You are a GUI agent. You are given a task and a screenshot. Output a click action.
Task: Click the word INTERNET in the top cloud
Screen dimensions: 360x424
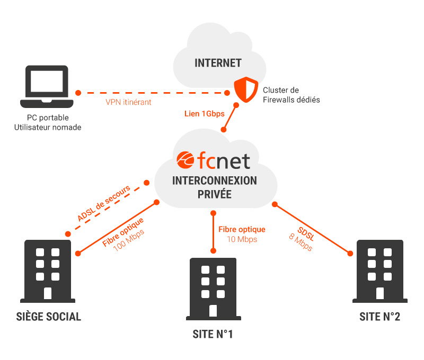[x=218, y=63]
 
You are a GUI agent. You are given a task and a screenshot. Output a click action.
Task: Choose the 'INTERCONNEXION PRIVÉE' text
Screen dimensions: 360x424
[x=215, y=187]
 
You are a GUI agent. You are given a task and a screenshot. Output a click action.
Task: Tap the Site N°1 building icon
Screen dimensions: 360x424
[x=213, y=289]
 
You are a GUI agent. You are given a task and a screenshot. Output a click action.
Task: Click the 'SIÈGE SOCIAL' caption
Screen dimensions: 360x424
[x=48, y=317]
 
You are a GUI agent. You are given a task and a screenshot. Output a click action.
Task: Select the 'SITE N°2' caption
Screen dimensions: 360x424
[x=379, y=317]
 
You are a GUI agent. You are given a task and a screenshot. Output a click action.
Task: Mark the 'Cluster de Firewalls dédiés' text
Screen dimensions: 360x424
[x=291, y=95]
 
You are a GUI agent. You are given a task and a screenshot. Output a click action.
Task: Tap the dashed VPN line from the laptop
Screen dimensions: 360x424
[x=154, y=93]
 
